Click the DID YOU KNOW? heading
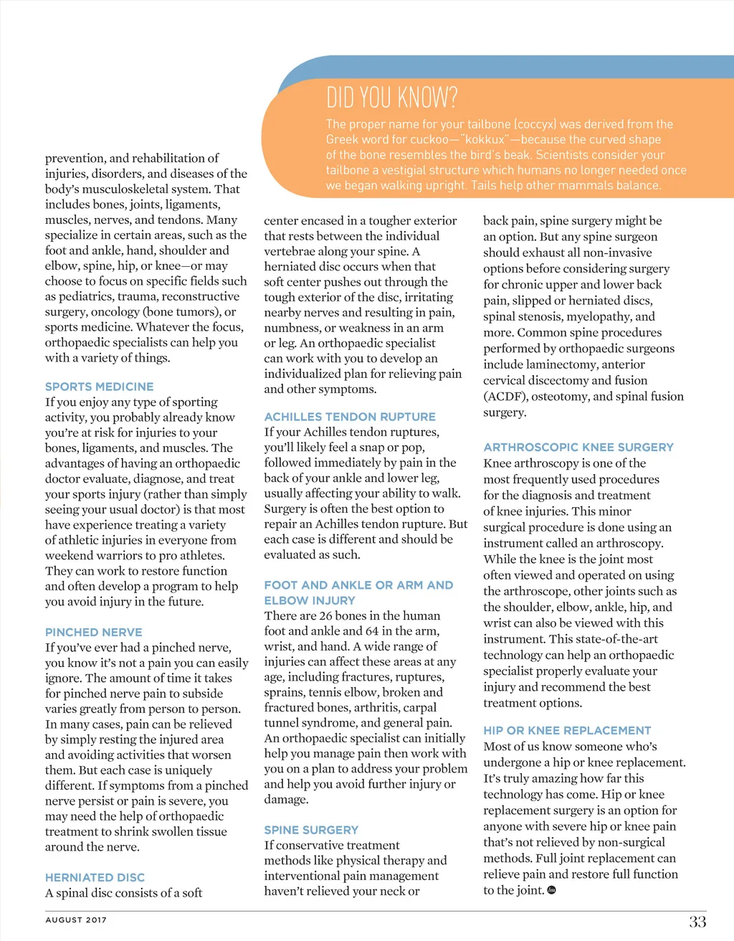coord(391,98)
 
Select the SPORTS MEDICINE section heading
coord(99,387)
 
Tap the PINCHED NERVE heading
coord(93,632)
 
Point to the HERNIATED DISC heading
coord(95,877)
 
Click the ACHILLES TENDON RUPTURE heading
coord(350,417)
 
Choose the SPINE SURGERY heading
coord(311,830)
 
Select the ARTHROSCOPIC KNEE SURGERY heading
coord(578,447)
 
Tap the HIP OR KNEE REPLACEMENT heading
coord(567,730)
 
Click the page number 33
coord(697,922)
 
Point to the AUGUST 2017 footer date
coord(76,919)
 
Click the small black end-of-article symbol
coord(551,890)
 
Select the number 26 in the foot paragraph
coord(326,616)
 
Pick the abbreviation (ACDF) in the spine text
coord(507,397)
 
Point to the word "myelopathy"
coord(596,316)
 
